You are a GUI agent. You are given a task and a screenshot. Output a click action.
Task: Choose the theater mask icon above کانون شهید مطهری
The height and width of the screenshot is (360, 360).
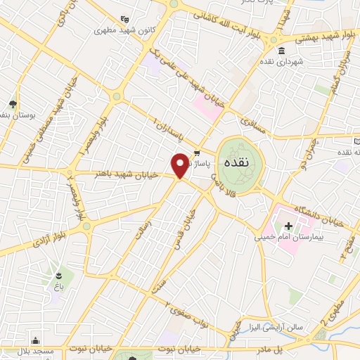point(124,19)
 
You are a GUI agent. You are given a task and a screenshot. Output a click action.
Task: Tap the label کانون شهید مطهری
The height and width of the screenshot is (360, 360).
point(124,31)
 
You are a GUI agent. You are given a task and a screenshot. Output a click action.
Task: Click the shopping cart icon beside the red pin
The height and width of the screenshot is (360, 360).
point(197,153)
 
